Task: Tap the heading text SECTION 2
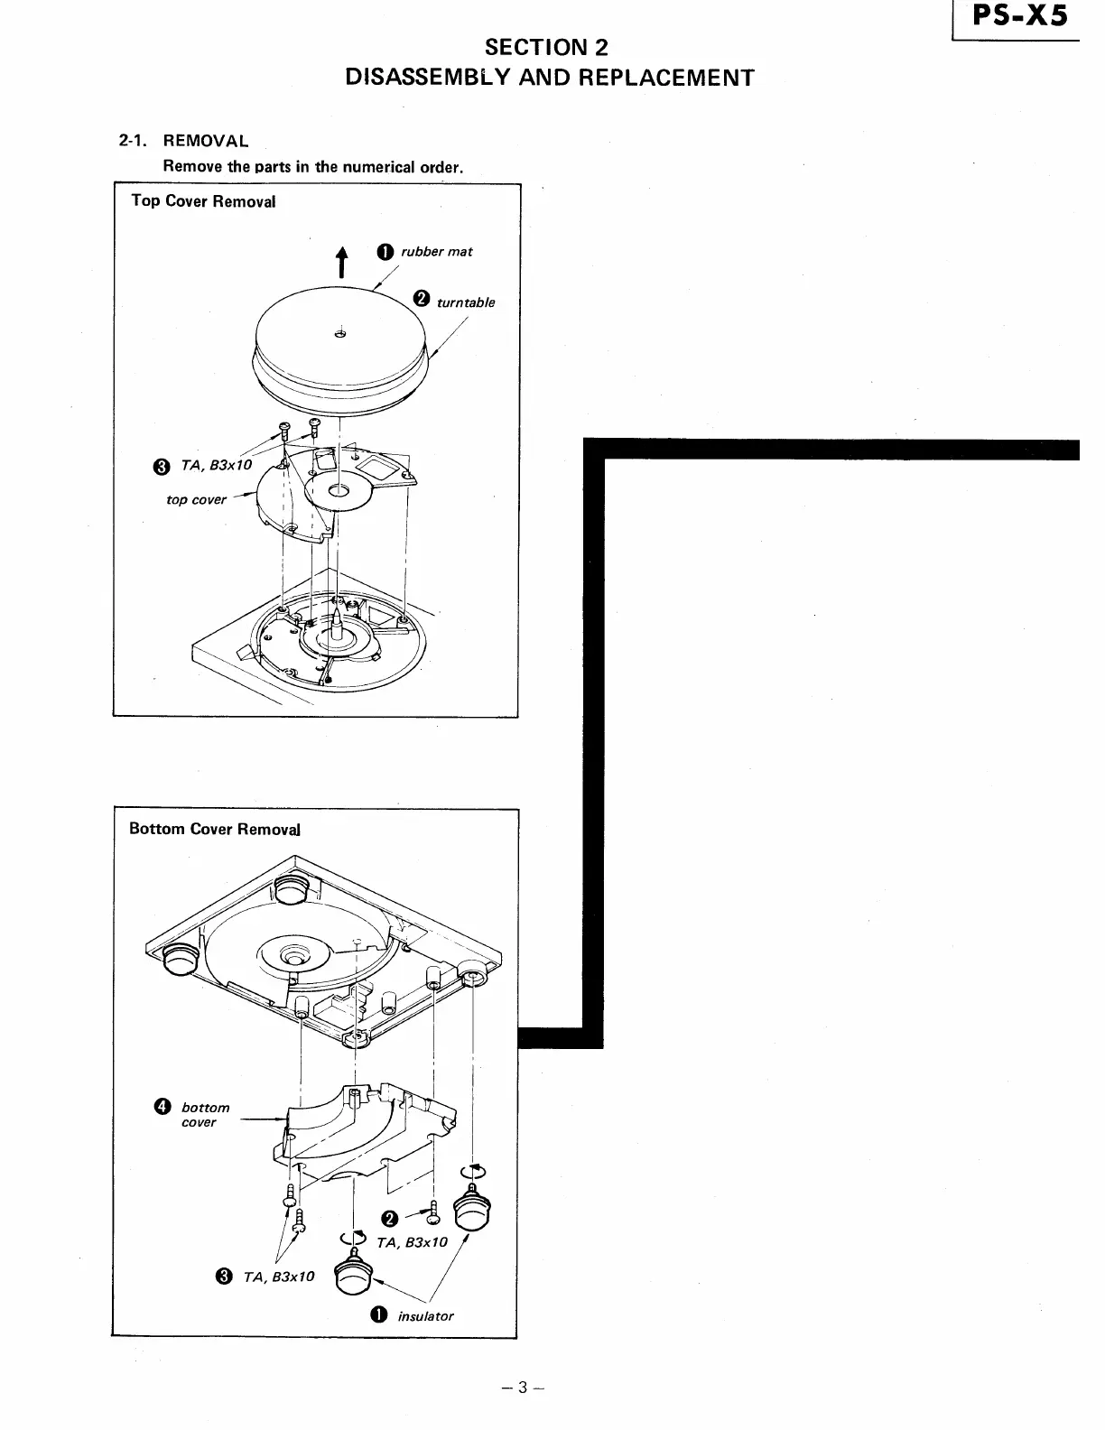click(x=546, y=48)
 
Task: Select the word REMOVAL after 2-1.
click(x=206, y=141)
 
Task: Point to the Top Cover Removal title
click(x=203, y=201)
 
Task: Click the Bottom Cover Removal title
click(x=215, y=829)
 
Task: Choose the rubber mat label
click(x=437, y=252)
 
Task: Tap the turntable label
click(x=466, y=302)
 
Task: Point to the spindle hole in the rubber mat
click(x=340, y=335)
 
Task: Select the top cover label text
click(x=196, y=499)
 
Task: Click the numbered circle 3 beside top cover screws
click(x=161, y=467)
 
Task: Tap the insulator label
click(x=426, y=1316)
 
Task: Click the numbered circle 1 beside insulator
click(x=379, y=1315)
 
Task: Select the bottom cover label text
click(x=205, y=1115)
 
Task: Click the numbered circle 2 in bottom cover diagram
click(x=389, y=1219)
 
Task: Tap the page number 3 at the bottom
click(x=521, y=1388)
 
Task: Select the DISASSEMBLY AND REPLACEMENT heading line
click(x=550, y=78)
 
